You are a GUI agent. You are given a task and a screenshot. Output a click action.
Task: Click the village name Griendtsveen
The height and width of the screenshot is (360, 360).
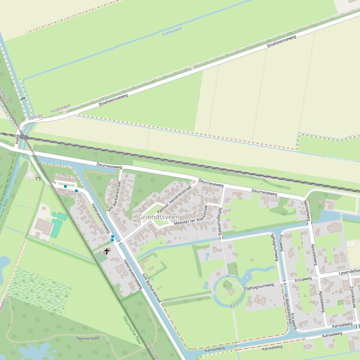pyautogui.click(x=159, y=217)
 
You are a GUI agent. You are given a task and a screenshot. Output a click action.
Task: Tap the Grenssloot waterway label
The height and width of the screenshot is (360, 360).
pyautogui.click(x=172, y=31)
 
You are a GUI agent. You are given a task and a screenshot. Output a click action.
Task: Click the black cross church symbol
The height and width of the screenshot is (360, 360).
pyautogui.click(x=107, y=252)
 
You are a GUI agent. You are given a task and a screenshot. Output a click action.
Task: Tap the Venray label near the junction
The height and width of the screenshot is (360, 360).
pyautogui.click(x=35, y=117)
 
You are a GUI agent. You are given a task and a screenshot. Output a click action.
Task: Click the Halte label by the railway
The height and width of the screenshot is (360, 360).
pyautogui.click(x=16, y=139)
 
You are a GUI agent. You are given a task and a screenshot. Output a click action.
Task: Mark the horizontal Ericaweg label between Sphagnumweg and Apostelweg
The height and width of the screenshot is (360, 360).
pyautogui.click(x=303, y=279)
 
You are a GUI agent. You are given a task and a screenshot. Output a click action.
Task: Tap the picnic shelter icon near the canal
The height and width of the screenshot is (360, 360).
pyautogui.click(x=37, y=178)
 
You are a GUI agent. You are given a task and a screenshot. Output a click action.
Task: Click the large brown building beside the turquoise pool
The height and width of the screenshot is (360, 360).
pyautogui.click(x=44, y=227)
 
